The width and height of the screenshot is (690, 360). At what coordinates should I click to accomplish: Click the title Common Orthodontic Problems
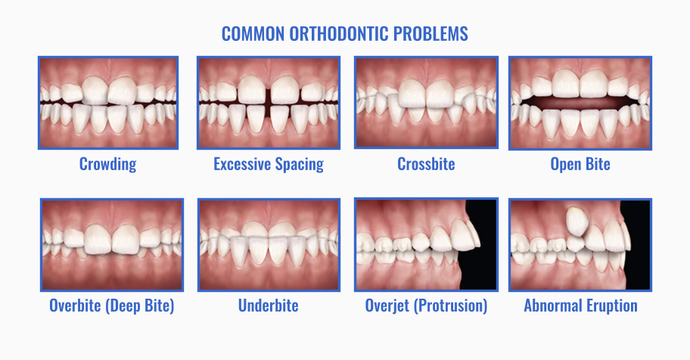pos(344,34)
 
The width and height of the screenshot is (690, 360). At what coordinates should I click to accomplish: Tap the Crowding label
pos(107,164)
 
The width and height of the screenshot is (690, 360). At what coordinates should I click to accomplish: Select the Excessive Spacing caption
pos(268,164)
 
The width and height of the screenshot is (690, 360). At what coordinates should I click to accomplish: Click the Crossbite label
pos(426,164)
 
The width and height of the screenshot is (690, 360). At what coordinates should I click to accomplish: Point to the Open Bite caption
pos(580,164)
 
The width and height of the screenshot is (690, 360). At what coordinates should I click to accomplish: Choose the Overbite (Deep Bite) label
pos(111,306)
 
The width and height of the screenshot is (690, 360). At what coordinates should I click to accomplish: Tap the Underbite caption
pos(268,306)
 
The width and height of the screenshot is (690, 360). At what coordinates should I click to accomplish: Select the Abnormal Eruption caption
pos(580,306)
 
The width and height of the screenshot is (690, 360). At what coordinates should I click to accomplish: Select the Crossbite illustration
pos(426,102)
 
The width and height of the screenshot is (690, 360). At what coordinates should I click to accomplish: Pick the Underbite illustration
pos(268,244)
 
